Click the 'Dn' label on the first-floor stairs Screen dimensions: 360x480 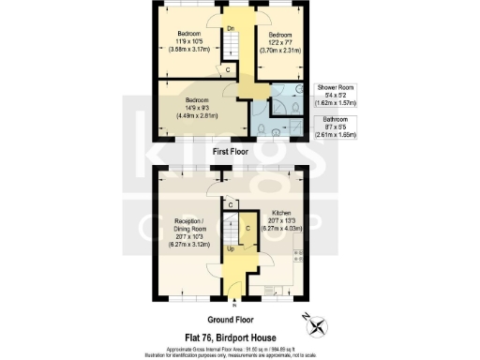[231, 28]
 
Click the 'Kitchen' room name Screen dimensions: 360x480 [282, 213]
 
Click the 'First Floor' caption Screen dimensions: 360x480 [231, 150]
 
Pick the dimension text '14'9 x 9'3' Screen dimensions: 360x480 [197, 109]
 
